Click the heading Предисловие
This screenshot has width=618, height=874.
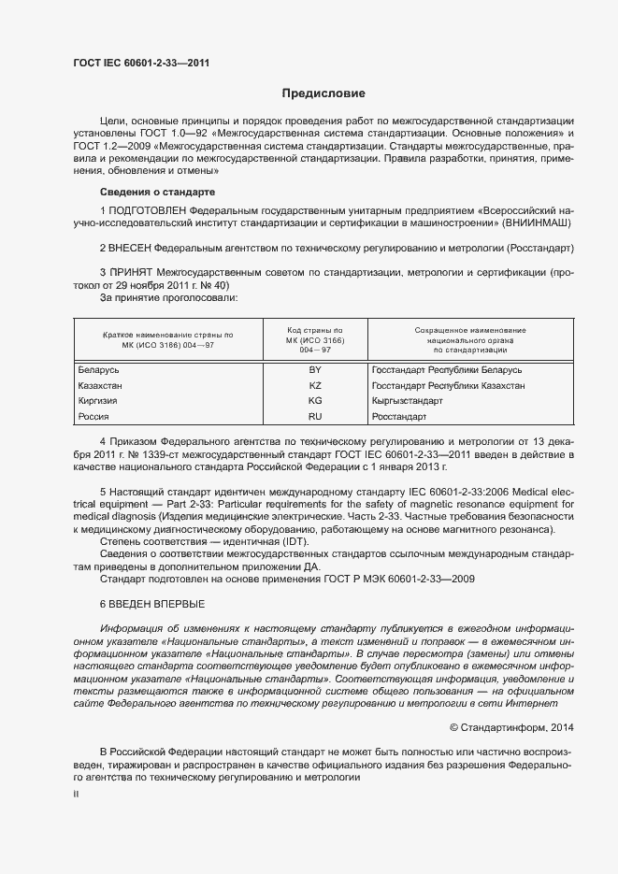(323, 93)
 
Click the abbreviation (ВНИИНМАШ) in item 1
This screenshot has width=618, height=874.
(530, 224)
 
